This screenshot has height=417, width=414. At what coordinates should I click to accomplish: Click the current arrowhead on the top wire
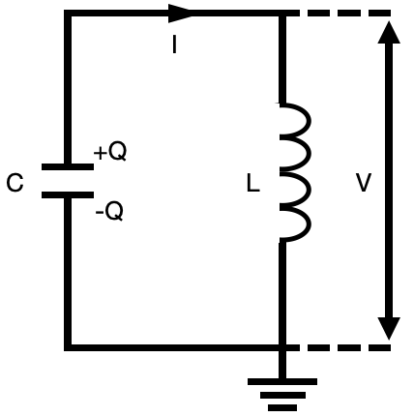pyautogui.click(x=180, y=14)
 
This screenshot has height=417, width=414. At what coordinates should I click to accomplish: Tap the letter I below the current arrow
pyautogui.click(x=174, y=45)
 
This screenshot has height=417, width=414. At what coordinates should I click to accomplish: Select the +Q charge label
pyautogui.click(x=110, y=152)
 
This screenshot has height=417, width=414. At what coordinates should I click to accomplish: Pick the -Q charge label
pyautogui.click(x=109, y=212)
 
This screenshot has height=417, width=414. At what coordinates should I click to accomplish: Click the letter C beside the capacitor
pyautogui.click(x=15, y=183)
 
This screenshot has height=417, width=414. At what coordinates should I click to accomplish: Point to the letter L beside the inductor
pyautogui.click(x=252, y=184)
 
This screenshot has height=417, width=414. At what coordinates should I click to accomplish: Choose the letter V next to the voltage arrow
pyautogui.click(x=364, y=183)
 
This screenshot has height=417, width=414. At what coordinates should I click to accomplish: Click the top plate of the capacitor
pyautogui.click(x=68, y=166)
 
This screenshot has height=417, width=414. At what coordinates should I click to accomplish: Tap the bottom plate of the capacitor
pyautogui.click(x=68, y=194)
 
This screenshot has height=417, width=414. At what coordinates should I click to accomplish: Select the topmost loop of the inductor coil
pyautogui.click(x=310, y=121)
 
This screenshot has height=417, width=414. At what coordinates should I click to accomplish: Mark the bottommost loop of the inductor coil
pyautogui.click(x=310, y=224)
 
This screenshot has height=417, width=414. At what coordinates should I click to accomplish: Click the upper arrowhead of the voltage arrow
pyautogui.click(x=389, y=32)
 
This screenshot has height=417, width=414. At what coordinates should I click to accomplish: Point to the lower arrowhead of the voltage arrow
pyautogui.click(x=389, y=328)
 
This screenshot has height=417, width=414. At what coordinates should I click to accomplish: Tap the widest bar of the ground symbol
pyautogui.click(x=282, y=381)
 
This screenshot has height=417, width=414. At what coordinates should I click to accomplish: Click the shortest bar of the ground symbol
pyautogui.click(x=282, y=407)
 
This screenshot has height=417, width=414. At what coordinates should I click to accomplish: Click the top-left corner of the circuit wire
pyautogui.click(x=68, y=14)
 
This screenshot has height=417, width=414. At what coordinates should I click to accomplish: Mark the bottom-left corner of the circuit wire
pyautogui.click(x=68, y=347)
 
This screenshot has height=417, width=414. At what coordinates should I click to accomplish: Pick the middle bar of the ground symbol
pyautogui.click(x=282, y=395)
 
